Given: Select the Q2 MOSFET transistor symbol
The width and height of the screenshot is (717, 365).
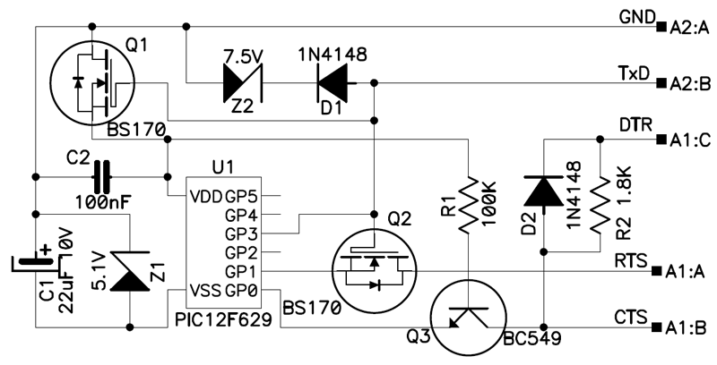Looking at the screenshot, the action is coord(375,270).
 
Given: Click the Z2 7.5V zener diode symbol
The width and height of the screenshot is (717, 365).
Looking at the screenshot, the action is coord(243,83).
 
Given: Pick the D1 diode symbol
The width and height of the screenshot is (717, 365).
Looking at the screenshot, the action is coord(333,83).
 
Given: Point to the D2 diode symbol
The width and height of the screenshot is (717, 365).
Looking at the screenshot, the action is coord(544,191).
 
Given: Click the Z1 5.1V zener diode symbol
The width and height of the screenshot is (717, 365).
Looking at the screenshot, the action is coord(130,271).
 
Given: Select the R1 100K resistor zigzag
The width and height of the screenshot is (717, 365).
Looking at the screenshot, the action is coord(468,206).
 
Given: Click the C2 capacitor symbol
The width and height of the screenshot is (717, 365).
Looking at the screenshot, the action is coord(102,176).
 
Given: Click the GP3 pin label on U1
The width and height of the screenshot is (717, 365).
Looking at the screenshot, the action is coord(241,233).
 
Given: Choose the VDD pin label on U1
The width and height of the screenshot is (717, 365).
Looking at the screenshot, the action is coord(206,196).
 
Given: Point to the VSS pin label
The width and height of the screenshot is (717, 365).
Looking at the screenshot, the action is coord(206,290).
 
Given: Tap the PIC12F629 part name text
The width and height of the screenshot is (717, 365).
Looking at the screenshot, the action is coord(223,320).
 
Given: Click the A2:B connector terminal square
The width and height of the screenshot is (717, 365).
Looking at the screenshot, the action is coord(661,83).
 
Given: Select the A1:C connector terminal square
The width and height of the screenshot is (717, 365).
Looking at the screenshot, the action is coord(661,140).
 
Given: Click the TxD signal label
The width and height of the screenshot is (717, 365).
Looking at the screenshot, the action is coord(634,73).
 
